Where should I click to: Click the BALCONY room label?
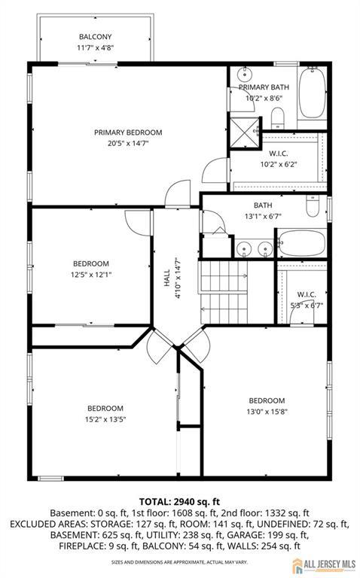tap(95, 37)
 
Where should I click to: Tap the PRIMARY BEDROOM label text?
tap(128, 132)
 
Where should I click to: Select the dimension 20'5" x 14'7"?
tap(128, 144)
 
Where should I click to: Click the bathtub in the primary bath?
tap(312, 92)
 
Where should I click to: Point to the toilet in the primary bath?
tap(278, 117)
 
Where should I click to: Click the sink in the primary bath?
tap(244, 75)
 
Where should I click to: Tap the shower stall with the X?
tap(244, 132)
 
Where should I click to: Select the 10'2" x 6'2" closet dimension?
tap(279, 164)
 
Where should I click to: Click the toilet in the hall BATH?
tap(313, 207)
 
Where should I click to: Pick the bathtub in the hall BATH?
tap(302, 243)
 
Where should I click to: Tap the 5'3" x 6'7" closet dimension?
tap(307, 306)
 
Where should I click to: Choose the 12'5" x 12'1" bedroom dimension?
tap(91, 275)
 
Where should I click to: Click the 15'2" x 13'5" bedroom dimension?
tap(105, 419)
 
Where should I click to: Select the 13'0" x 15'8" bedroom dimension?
tap(267, 412)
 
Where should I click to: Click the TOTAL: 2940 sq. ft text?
tap(179, 502)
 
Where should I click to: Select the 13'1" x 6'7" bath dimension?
tap(263, 217)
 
